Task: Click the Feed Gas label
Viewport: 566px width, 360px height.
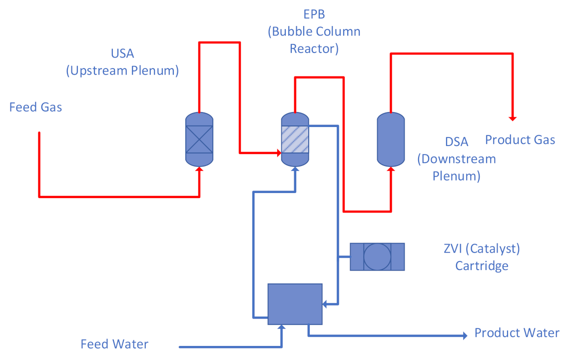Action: click(x=35, y=107)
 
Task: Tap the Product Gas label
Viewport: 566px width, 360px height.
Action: click(x=520, y=140)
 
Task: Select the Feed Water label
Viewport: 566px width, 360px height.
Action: click(x=114, y=344)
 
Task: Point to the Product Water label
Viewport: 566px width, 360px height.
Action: click(x=517, y=333)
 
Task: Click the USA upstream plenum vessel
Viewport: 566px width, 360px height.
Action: click(x=199, y=139)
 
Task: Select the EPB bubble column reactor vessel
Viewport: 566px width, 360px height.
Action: click(x=295, y=139)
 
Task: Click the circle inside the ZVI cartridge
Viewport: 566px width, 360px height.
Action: click(x=377, y=257)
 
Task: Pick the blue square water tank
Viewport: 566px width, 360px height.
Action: click(x=295, y=303)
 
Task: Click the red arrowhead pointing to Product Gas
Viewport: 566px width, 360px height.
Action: click(x=513, y=118)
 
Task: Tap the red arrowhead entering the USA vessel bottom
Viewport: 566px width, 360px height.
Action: click(x=200, y=169)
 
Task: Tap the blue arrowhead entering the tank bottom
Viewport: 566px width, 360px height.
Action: click(x=282, y=327)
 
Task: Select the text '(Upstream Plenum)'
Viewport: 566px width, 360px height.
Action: click(x=122, y=70)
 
